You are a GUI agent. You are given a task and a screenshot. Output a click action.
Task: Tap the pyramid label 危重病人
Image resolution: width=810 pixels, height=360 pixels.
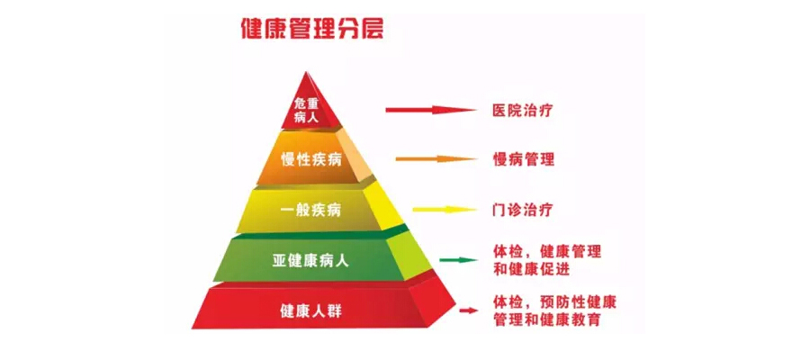[307, 109]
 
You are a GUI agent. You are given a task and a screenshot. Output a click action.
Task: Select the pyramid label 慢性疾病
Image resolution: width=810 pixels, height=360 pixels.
[311, 160]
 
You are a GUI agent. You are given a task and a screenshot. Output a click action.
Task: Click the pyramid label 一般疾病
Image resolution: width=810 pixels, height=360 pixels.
[310, 211]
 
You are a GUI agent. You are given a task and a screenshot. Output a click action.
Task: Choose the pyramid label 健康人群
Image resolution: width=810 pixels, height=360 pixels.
[310, 311]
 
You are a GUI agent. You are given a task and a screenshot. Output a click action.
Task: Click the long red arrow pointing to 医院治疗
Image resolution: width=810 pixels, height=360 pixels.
[430, 111]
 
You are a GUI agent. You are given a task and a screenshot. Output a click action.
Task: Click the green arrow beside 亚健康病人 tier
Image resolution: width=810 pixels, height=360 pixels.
[458, 260]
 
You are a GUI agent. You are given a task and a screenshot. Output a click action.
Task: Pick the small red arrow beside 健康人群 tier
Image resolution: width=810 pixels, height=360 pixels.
[468, 310]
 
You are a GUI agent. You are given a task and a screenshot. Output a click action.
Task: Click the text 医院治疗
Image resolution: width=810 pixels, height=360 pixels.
[522, 111]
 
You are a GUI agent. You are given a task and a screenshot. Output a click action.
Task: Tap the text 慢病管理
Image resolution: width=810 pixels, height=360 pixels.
[523, 159]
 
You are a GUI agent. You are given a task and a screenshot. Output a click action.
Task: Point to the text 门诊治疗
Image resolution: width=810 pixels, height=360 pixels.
[522, 210]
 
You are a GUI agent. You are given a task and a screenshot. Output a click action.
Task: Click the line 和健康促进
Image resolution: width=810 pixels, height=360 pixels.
[531, 269]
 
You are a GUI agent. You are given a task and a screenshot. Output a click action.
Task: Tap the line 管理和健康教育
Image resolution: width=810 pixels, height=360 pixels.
[546, 319]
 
